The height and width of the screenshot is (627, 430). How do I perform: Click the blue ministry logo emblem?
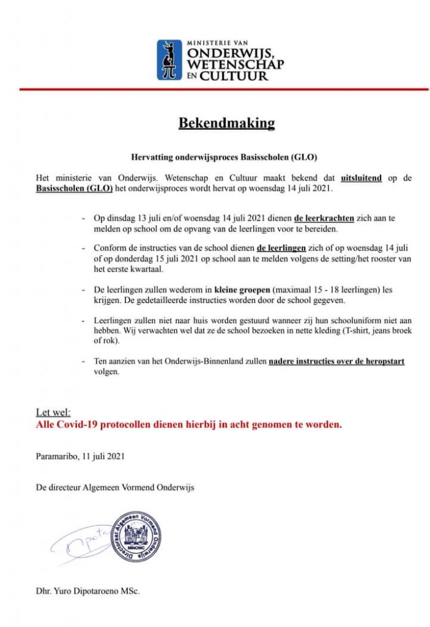pyautogui.click(x=169, y=59)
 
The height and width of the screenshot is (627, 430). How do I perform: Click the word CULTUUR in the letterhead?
pyautogui.click(x=237, y=76)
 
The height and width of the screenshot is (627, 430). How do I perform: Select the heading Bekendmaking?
pyautogui.click(x=226, y=123)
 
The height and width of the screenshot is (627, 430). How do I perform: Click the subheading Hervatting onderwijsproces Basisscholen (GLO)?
pyautogui.click(x=226, y=157)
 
